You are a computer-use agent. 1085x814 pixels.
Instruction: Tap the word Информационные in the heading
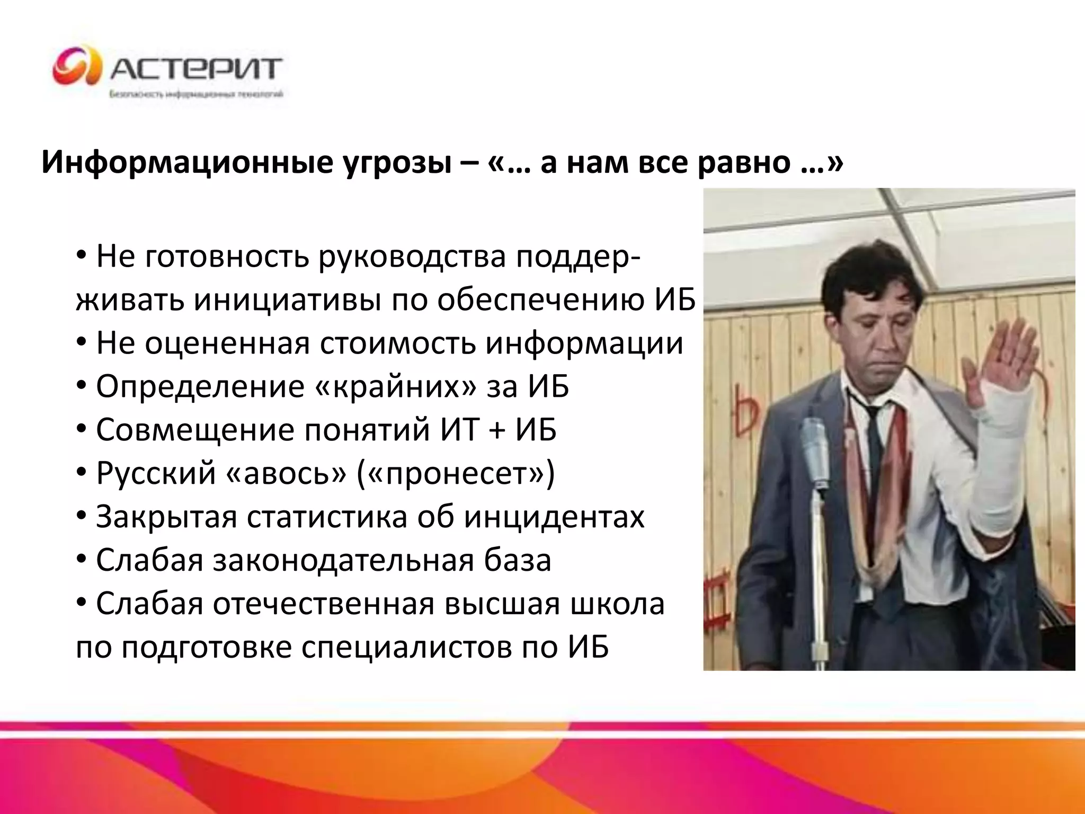[x=185, y=162]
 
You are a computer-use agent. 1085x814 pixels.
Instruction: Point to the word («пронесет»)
[x=456, y=473]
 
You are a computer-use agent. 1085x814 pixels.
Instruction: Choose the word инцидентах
[x=554, y=517]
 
